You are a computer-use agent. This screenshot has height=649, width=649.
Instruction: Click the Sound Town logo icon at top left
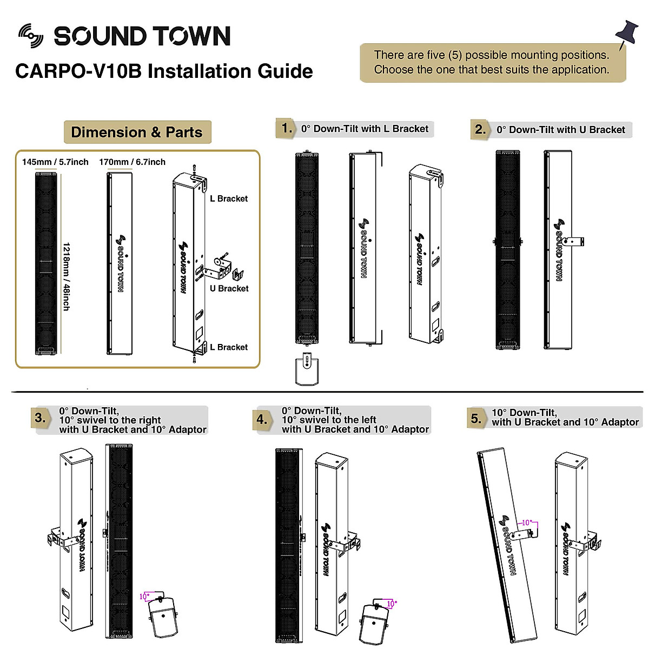pyautogui.click(x=30, y=36)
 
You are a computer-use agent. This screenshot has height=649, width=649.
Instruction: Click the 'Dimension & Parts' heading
pyautogui.click(x=137, y=133)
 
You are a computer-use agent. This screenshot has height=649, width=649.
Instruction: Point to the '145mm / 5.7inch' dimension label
pyautogui.click(x=55, y=162)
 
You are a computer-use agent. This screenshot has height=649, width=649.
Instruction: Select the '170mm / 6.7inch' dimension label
pyautogui.click(x=133, y=162)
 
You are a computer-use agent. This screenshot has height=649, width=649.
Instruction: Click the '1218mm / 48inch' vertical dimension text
pyautogui.click(x=65, y=276)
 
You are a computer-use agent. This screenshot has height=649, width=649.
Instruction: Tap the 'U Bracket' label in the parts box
pyautogui.click(x=229, y=289)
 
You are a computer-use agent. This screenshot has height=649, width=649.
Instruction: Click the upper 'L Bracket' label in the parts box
pyautogui.click(x=229, y=198)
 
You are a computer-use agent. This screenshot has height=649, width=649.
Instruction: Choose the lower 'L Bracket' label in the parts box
pyautogui.click(x=229, y=347)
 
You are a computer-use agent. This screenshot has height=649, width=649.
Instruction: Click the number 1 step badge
pyautogui.click(x=287, y=128)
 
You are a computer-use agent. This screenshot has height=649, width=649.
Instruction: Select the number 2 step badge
pyautogui.click(x=480, y=129)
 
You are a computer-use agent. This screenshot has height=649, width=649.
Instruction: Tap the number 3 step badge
pyautogui.click(x=40, y=418)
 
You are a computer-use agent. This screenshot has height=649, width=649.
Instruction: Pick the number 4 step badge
pyautogui.click(x=262, y=419)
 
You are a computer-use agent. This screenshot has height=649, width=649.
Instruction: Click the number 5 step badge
pyautogui.click(x=476, y=418)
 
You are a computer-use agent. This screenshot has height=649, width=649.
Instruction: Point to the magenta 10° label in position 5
pyautogui.click(x=526, y=522)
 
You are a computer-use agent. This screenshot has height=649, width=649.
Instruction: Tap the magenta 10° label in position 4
pyautogui.click(x=391, y=604)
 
